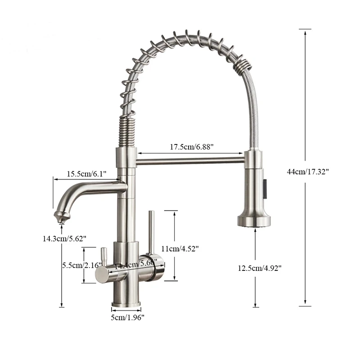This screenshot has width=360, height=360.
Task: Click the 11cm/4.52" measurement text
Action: [180, 247]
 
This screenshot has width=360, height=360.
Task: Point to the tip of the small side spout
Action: [60, 218]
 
